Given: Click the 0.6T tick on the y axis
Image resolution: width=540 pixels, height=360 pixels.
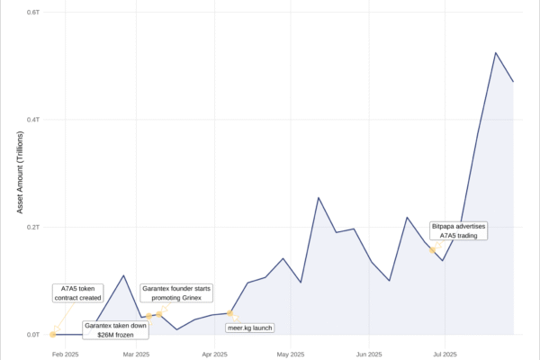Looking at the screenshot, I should coord(32,12).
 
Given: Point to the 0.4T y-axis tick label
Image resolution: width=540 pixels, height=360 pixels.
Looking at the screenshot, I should coord(32,120).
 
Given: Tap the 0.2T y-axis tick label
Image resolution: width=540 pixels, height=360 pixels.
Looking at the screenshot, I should coord(32,227).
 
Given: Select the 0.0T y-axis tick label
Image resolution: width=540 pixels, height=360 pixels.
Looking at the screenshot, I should coord(32,335).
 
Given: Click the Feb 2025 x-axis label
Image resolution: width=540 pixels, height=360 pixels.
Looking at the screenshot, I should coord(65,354).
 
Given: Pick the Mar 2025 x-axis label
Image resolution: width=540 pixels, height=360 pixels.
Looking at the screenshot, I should coord(135,354).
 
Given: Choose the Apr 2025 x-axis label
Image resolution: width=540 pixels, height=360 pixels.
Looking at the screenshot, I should coord(213,354).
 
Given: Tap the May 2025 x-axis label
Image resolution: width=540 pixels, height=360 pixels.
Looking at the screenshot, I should coord(291,354).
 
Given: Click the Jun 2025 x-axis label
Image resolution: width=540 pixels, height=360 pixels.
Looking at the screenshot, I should coord(369,354).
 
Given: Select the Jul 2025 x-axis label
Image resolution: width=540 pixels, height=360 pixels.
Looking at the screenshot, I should coord(444,354).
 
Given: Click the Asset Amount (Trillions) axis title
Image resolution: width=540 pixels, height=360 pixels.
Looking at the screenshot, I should coord(20,173).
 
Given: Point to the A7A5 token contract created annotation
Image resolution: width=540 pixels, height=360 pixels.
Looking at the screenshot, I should coord(77,293).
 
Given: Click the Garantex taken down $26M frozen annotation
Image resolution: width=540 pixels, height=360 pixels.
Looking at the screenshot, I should coord(115,329).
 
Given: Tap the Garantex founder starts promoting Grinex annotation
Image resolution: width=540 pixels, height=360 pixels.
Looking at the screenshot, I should coord(176,293).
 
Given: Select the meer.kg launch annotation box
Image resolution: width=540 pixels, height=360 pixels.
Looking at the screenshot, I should coord(249,328).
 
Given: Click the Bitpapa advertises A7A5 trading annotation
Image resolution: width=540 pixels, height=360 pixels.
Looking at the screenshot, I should coord(459,230).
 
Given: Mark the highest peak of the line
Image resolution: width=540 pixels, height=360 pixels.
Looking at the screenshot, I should coord(496,52).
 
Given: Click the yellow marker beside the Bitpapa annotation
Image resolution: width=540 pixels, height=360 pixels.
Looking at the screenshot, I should coord(433,250).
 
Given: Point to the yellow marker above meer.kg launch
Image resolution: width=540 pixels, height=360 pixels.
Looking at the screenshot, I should coord(230,313).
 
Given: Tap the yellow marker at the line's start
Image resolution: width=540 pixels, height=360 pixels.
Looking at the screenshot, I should coord(54,334).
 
